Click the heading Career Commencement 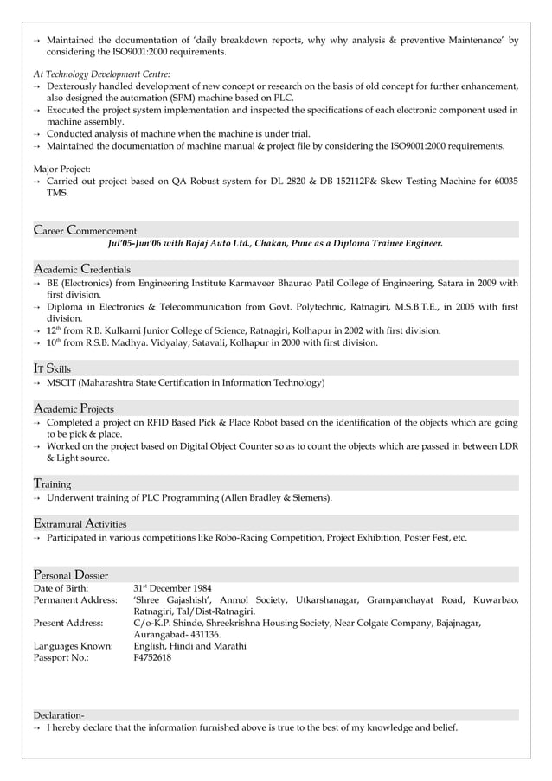pos(85,230)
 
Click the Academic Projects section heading pos(74,407)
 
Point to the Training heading pos(52,483)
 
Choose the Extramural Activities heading pos(80,522)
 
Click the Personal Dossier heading pos(70,574)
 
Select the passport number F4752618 pos(152,658)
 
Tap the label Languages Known pos(73,646)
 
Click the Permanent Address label pos(74,600)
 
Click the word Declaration pos(58,715)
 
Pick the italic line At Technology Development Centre pos(101,74)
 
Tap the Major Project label pos(61,168)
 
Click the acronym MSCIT pos(61,382)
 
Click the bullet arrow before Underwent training pos(37,498)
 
